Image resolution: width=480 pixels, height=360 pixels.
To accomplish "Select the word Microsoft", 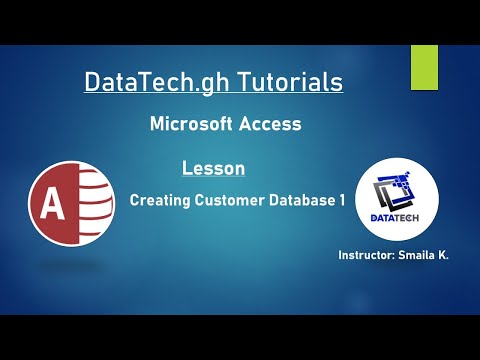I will [190, 124].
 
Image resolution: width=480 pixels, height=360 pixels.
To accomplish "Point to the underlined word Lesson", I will [214, 168].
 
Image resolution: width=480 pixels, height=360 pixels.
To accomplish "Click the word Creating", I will [160, 200].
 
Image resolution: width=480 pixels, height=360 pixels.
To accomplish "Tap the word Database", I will [301, 200].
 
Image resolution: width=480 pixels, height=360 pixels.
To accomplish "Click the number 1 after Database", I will [341, 200].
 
